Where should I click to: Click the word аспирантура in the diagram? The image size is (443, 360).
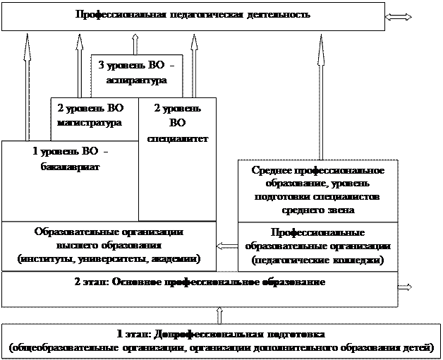tap(137, 81)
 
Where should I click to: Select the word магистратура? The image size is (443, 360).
tap(87, 122)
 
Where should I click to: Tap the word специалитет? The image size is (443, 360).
tap(178, 138)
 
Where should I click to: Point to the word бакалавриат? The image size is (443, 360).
tap(69, 167)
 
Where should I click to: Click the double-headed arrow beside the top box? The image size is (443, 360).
tap(399, 17)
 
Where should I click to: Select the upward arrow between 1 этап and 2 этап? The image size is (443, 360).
tap(221, 315)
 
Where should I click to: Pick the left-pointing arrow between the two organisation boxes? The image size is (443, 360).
tap(227, 246)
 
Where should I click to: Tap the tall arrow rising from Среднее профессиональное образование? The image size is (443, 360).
tap(322, 99)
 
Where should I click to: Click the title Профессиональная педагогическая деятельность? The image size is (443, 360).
tap(193, 15)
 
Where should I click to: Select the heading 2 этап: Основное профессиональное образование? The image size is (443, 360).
tap(200, 282)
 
